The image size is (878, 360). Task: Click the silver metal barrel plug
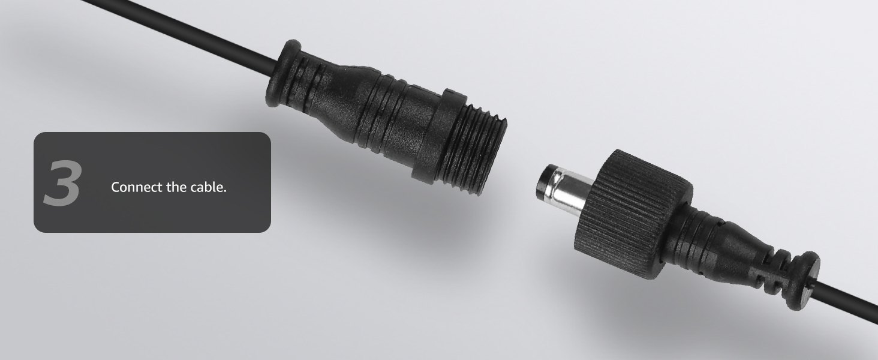click(566, 190)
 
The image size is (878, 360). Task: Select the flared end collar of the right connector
click(804, 281)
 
